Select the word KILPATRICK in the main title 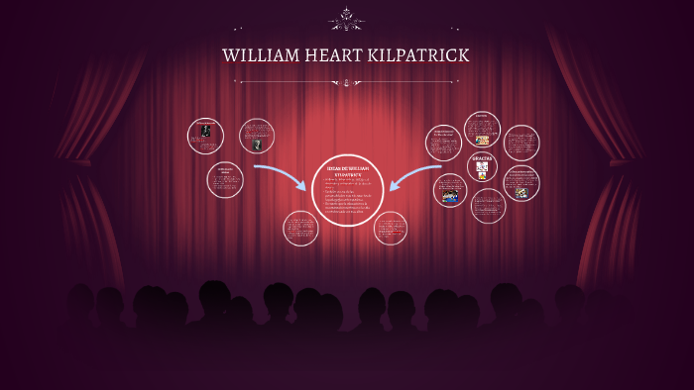click(418, 55)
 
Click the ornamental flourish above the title click(347, 19)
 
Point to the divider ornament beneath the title click(347, 82)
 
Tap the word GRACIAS click(483, 158)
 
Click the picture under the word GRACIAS click(483, 173)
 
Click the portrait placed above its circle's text click(205, 131)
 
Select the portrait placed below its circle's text click(257, 145)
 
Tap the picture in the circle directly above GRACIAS click(482, 139)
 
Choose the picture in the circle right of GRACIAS click(521, 192)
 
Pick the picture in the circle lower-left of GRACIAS click(451, 196)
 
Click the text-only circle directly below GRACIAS click(488, 206)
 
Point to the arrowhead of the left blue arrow click(301, 185)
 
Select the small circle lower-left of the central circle click(299, 229)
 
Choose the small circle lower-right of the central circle click(390, 229)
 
